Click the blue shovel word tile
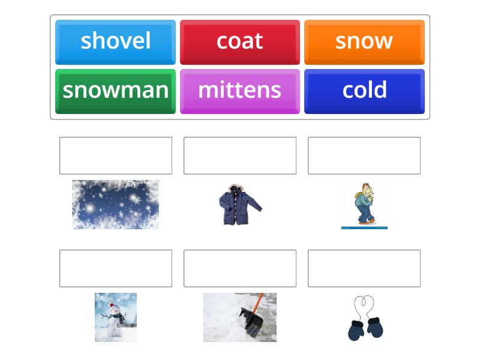coord(115,41)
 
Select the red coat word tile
coord(239,41)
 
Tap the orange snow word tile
coord(364,41)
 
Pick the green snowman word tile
coord(115,91)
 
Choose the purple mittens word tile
coord(239,91)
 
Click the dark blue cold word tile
coord(364,91)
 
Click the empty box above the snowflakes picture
coord(116,155)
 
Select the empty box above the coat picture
coord(240,155)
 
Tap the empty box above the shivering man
coord(364,155)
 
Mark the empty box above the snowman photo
coord(116,268)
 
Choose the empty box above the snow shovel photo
coord(240,268)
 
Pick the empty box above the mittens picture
coord(364,268)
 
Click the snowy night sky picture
coord(116,205)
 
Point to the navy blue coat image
coord(239,205)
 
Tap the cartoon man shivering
coord(364,205)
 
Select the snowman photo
coord(116,317)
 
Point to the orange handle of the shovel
coord(258,301)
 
